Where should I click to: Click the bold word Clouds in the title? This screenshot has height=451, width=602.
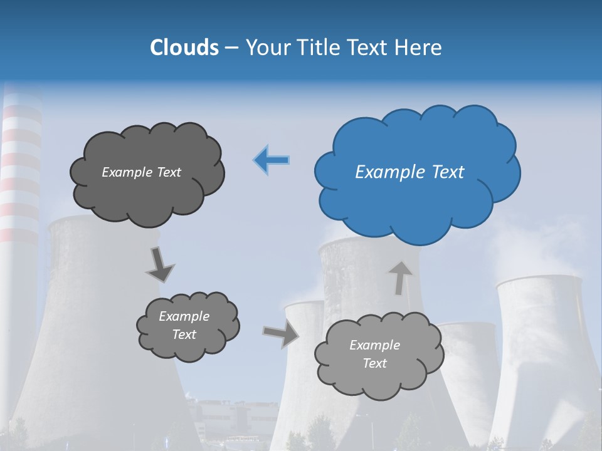coord(184,48)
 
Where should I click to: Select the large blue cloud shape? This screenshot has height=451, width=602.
coord(417,169)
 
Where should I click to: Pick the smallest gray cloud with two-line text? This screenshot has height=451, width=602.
coord(187,326)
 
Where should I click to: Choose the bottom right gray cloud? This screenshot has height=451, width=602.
coord(378,355)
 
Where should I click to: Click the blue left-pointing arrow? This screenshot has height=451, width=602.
coord(272,160)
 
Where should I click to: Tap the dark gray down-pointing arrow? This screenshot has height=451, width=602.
coord(159,264)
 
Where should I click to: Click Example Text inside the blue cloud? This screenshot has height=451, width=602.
coord(409,172)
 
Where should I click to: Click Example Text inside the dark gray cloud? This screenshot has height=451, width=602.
coord(141,172)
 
